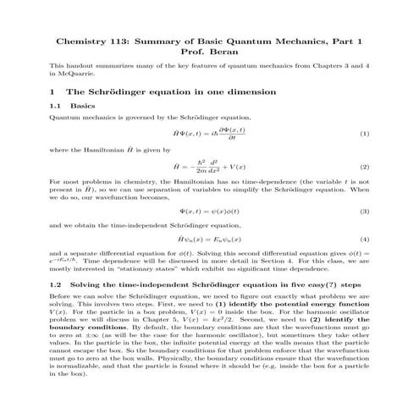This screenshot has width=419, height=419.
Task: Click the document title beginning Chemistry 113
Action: click(209, 41)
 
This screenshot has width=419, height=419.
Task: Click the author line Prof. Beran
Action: click(209, 52)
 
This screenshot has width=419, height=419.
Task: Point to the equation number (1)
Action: click(364, 134)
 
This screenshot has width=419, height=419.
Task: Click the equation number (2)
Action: click(364, 167)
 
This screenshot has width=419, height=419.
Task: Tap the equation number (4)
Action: click(364, 239)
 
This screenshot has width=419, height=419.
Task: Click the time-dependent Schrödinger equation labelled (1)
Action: click(209, 134)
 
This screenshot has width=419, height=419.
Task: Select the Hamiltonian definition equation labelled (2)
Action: click(209, 167)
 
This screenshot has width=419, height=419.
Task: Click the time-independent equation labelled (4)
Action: click(209, 239)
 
